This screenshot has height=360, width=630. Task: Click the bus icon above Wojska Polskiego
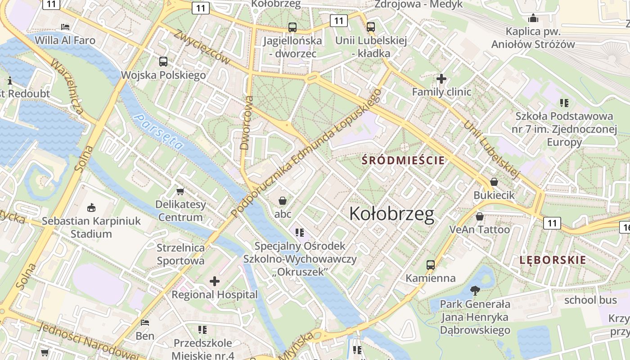click(163, 62)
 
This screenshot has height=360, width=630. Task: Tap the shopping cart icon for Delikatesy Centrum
click(180, 191)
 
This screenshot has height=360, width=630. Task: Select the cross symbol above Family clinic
click(441, 79)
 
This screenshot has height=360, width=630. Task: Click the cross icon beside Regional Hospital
click(215, 281)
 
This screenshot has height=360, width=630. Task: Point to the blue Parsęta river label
click(159, 132)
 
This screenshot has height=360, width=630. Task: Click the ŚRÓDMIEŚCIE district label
click(403, 160)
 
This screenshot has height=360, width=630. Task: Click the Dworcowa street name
click(245, 122)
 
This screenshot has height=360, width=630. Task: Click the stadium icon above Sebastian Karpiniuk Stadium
click(91, 207)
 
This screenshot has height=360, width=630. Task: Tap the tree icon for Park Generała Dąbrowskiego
click(475, 290)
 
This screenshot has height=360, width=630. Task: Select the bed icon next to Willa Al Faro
click(65, 27)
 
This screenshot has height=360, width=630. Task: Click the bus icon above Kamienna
click(431, 265)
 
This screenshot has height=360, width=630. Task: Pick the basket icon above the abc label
click(283, 201)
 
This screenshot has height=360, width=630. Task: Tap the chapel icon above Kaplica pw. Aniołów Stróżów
click(533, 18)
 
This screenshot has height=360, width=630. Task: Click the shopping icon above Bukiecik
click(494, 182)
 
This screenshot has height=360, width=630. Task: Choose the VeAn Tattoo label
click(480, 229)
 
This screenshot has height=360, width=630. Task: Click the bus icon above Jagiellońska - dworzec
click(292, 27)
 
